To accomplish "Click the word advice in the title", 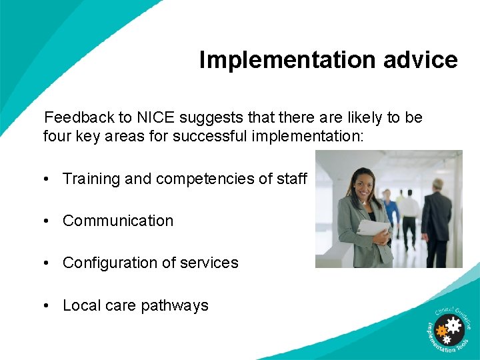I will coord(420,60).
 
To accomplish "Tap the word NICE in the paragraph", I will coord(157,118).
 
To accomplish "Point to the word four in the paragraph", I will coord(55,137).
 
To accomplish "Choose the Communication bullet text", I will coord(118,221).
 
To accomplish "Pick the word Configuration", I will coord(109,263).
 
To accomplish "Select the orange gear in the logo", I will coord(441,330).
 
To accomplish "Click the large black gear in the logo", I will coord(454,325).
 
